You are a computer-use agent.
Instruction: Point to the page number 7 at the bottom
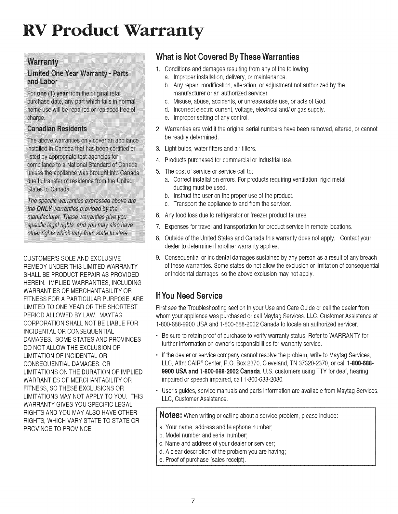(193, 501)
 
